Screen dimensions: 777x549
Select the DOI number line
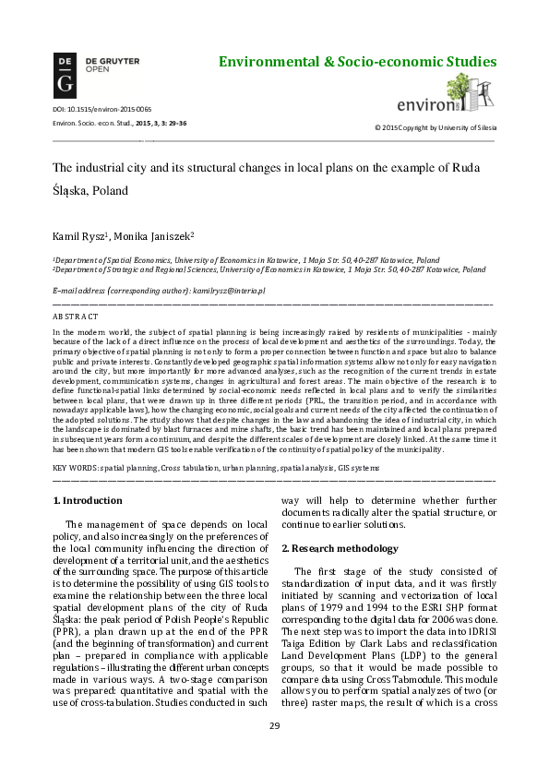[x=89, y=110]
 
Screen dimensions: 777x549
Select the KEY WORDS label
[x=76, y=469]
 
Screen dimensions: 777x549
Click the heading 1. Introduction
[x=88, y=501]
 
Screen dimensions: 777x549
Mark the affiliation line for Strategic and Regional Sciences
[x=269, y=270]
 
